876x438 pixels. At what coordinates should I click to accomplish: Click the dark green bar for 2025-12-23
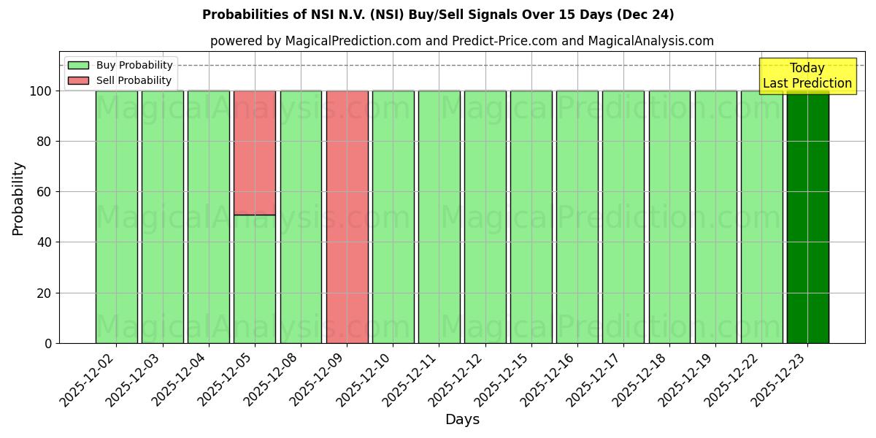[807, 219]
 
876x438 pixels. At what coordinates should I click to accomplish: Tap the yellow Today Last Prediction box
[807, 76]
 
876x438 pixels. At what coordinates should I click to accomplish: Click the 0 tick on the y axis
[48, 343]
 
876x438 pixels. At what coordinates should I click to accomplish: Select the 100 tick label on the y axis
[41, 91]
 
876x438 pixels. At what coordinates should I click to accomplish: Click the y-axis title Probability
[18, 199]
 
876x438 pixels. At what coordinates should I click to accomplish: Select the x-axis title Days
[462, 420]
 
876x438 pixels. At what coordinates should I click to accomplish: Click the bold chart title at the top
[438, 15]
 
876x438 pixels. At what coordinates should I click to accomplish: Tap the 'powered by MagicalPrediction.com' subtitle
[461, 41]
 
